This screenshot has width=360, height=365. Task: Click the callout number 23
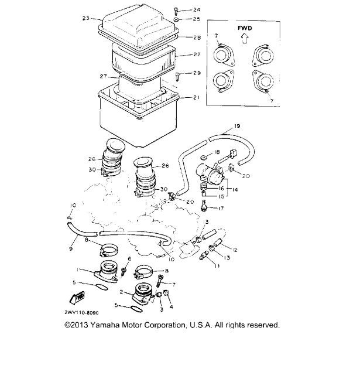coord(85,19)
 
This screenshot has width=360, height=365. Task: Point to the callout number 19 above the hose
coord(237,126)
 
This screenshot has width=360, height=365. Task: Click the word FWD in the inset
coord(245,27)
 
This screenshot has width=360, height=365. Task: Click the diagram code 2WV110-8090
coord(78,313)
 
